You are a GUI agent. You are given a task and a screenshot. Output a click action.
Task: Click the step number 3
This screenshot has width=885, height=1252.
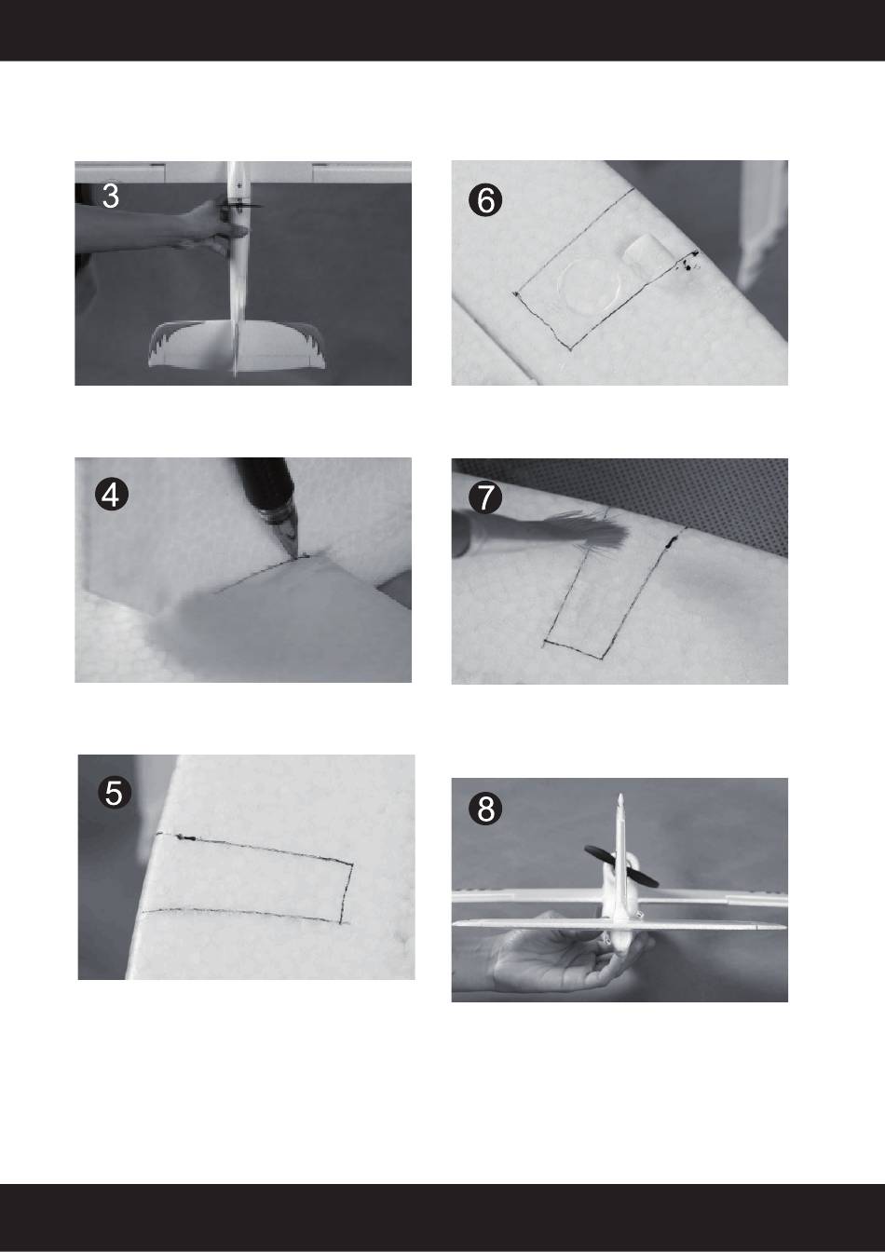(x=111, y=197)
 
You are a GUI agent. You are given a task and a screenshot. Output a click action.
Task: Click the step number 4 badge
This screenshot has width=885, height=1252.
(x=111, y=496)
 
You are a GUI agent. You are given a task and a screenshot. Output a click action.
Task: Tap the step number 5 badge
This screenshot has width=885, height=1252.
(x=114, y=793)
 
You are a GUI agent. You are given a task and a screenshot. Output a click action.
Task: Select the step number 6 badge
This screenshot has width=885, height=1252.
(x=485, y=200)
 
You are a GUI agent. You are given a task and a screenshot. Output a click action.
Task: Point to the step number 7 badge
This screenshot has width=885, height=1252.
(x=484, y=497)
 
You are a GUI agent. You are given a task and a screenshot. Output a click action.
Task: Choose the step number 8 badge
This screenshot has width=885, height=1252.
(x=485, y=810)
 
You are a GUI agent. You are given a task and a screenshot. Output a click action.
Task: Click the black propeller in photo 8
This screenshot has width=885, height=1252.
(x=621, y=865)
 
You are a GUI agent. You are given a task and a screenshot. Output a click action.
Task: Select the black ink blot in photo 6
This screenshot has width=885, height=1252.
(x=688, y=263)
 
